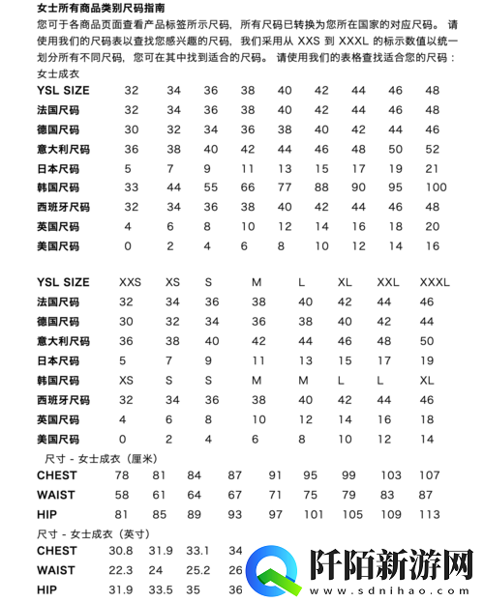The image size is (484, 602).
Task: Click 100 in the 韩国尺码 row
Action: coord(435,186)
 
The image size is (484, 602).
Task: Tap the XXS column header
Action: coord(130,282)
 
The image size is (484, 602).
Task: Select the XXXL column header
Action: coord(435,282)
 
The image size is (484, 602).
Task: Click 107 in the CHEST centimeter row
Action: coord(429,475)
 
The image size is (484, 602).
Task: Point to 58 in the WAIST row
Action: coord(122,495)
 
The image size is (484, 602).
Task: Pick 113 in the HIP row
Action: coord(429,514)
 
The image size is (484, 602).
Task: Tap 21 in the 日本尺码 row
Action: coord(432,167)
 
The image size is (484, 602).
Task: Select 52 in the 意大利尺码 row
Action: coord(432,149)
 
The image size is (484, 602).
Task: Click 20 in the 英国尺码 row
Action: coord(432,226)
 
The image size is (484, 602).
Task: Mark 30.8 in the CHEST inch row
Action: coord(121,551)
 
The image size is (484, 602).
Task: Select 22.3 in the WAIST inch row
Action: coord(121,570)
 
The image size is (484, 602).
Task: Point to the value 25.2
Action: coord(197,570)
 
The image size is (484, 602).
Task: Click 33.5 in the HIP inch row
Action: coord(159,589)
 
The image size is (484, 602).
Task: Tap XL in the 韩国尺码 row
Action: coord(427,380)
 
